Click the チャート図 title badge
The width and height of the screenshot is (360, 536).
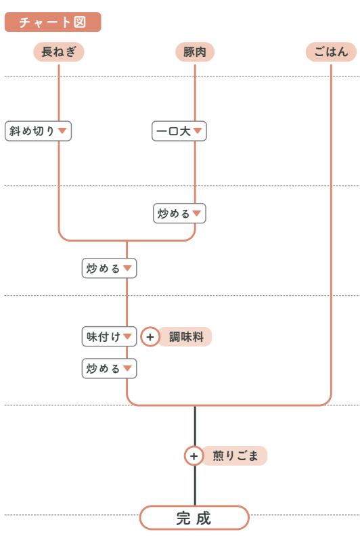tap(53, 22)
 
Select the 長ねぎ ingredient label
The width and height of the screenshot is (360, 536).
tap(59, 52)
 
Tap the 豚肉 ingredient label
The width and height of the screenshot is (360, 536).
tap(195, 52)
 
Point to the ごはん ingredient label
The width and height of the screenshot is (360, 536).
tap(331, 52)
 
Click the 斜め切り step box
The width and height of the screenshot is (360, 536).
tap(38, 131)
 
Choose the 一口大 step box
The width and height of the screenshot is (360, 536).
tap(179, 131)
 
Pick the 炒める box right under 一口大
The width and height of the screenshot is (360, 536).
tap(179, 213)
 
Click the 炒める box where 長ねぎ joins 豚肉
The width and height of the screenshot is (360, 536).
tap(109, 268)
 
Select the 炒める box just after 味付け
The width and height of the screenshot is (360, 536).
tap(109, 368)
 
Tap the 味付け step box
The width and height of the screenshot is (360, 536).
tap(109, 337)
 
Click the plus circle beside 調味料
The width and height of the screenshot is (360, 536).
tap(150, 337)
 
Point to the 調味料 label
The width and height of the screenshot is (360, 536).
tap(185, 337)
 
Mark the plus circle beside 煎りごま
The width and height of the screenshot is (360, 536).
tap(194, 455)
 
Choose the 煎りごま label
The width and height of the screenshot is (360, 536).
tap(235, 455)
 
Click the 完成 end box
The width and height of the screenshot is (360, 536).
tap(194, 518)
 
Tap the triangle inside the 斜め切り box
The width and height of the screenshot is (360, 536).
tap(62, 131)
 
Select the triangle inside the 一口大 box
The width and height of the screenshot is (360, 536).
tap(198, 131)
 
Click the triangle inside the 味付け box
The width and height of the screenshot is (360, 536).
tap(127, 336)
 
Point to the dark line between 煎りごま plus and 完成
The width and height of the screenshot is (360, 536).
tap(195, 485)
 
